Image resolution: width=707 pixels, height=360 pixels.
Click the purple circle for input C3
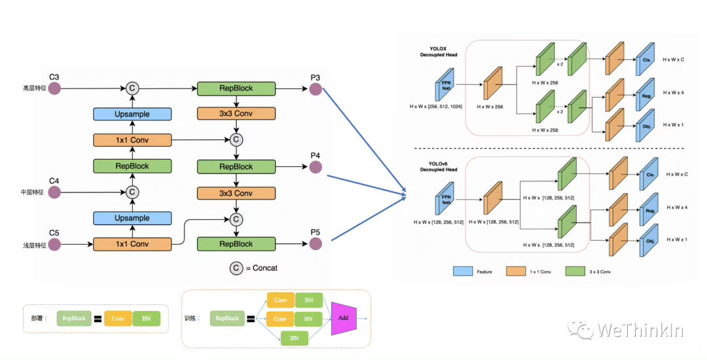click(53, 88)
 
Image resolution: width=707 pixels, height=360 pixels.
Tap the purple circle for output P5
click(316, 244)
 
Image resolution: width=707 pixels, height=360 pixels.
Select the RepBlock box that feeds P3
click(236, 88)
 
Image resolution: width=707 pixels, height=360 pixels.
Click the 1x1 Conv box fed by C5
click(132, 244)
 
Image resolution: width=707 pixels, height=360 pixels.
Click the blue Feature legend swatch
click(463, 270)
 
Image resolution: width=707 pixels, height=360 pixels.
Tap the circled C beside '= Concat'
click(235, 268)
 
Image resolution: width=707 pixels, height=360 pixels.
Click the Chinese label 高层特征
click(33, 88)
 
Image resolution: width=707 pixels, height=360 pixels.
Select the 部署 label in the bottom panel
click(39, 318)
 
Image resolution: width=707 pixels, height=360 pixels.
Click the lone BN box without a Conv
click(295, 338)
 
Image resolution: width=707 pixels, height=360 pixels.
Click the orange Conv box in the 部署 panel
click(118, 319)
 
